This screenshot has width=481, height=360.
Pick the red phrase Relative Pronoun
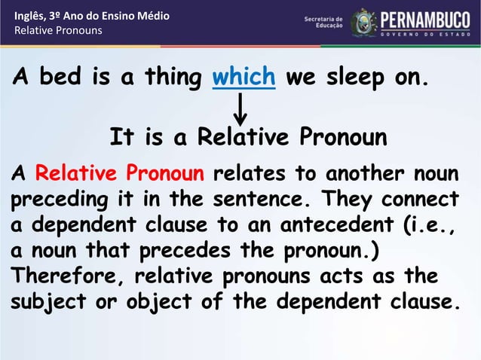point(120,174)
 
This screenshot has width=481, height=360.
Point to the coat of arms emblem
point(364,23)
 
